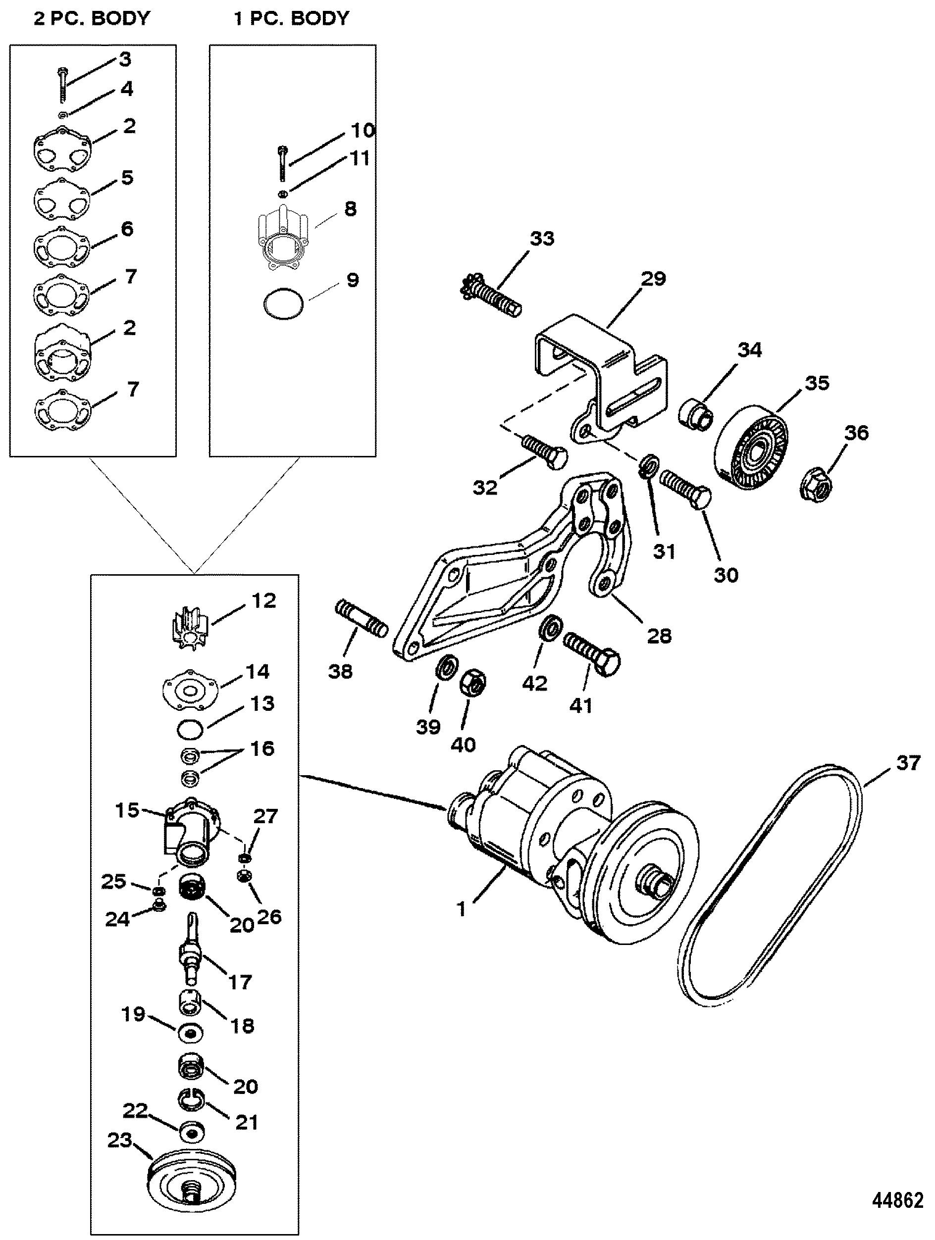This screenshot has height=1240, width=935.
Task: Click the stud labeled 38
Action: (x=362, y=618)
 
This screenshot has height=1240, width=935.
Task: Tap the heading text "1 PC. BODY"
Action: (x=291, y=18)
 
